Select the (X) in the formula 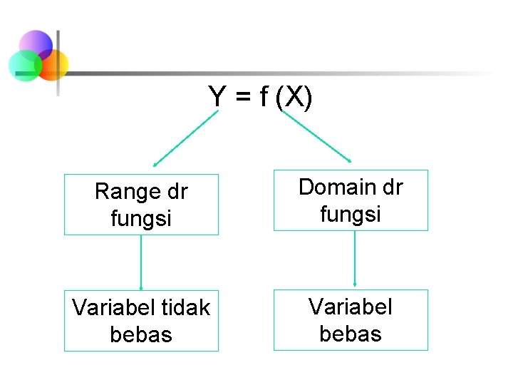(294, 97)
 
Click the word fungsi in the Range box (141, 217)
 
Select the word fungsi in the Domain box (351, 213)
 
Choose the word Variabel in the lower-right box (351, 307)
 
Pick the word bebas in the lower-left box (141, 334)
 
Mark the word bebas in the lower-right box (351, 333)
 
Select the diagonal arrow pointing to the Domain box (317, 136)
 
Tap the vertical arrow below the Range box (141, 262)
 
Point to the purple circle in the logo (36, 44)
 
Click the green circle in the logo (23, 66)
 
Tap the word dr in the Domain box (392, 187)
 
